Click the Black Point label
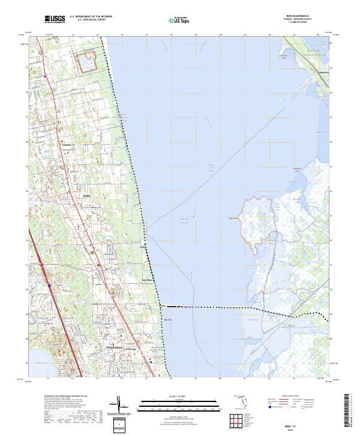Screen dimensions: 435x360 (234, 218)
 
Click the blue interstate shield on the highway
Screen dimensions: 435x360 (49, 286)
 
